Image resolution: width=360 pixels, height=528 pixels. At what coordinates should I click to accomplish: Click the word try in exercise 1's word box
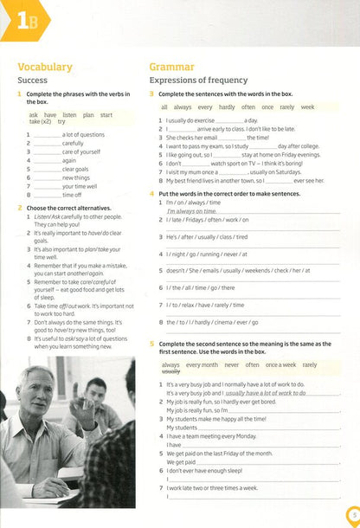(x=61, y=123)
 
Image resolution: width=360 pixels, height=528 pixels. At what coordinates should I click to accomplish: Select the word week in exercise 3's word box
(x=307, y=106)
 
